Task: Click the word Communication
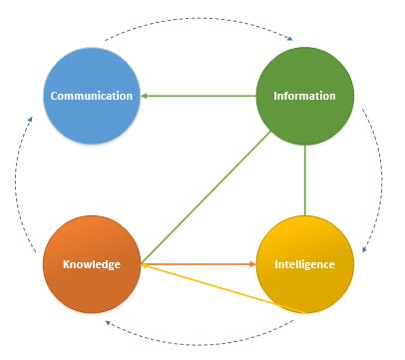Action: pos(92,96)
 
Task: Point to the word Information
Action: pos(305,96)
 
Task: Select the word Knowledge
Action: pos(92,264)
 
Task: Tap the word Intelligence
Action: pos(305,264)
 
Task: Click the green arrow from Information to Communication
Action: pos(200,96)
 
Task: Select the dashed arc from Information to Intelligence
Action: pos(379,180)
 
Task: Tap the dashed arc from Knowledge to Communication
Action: pos(18,180)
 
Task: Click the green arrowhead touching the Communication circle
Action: pos(145,96)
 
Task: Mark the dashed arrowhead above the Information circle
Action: pos(288,40)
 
